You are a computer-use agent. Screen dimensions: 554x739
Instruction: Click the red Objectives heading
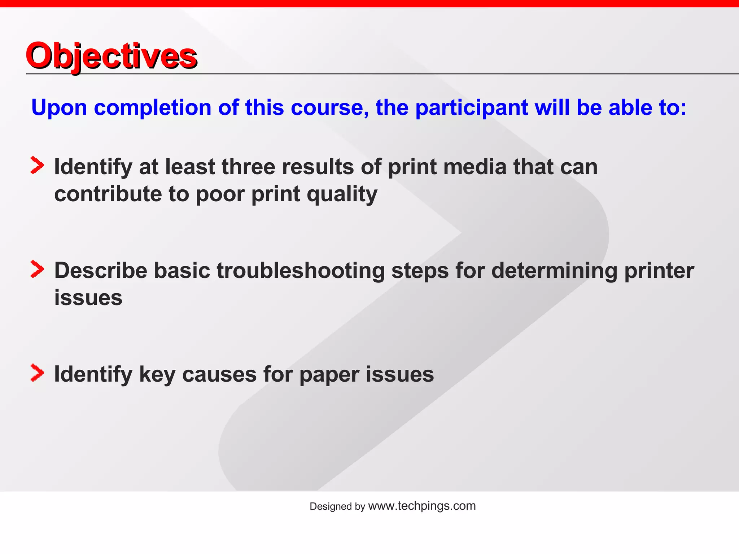111,56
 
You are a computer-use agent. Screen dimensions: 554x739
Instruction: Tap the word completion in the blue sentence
152,107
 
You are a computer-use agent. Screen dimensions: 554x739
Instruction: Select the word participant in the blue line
471,107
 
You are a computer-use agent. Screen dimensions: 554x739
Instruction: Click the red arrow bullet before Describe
37,269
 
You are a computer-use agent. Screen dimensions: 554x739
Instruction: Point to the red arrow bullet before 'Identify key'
37,373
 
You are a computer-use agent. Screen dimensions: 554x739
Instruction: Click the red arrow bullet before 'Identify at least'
37,165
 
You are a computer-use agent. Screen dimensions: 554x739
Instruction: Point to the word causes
219,374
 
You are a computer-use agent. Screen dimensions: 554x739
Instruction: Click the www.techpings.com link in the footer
422,506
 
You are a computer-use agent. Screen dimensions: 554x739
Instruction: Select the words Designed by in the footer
337,506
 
